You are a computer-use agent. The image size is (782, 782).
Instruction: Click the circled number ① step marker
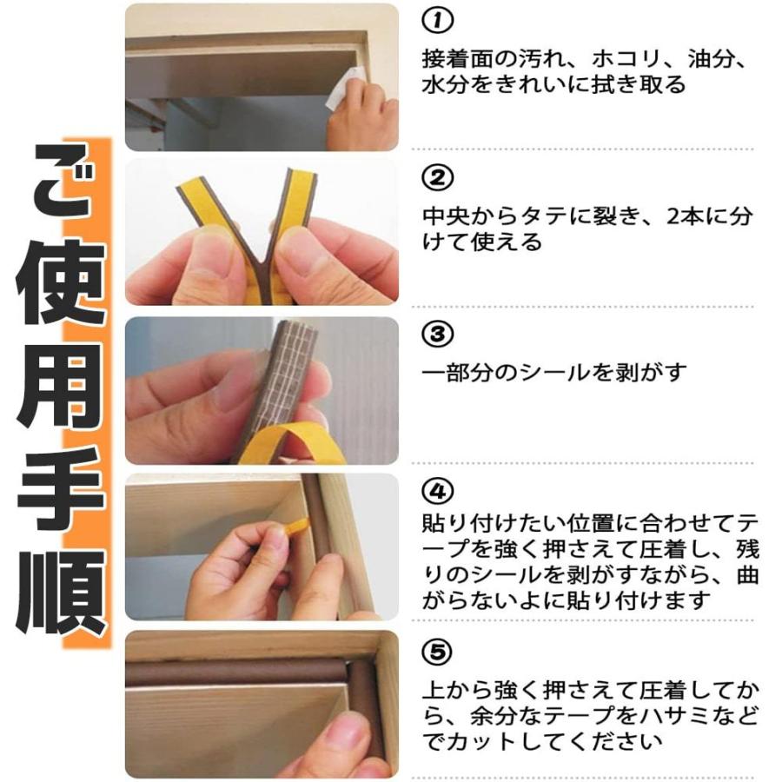(x=437, y=21)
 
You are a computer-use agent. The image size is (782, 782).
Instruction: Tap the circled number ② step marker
(x=437, y=177)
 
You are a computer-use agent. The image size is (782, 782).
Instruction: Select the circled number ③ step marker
(x=437, y=335)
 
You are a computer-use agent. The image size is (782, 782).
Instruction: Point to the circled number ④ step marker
(x=437, y=492)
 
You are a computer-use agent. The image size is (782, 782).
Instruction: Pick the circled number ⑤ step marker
(x=437, y=652)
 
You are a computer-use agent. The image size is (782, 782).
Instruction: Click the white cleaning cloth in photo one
(x=344, y=89)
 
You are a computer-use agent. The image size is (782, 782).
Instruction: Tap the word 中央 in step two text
(x=446, y=216)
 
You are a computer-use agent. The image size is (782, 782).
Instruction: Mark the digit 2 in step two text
(x=673, y=216)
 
